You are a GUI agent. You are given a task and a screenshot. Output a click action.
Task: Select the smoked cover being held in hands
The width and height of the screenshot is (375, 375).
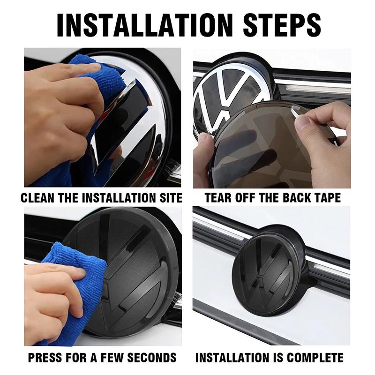(x=262, y=150)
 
